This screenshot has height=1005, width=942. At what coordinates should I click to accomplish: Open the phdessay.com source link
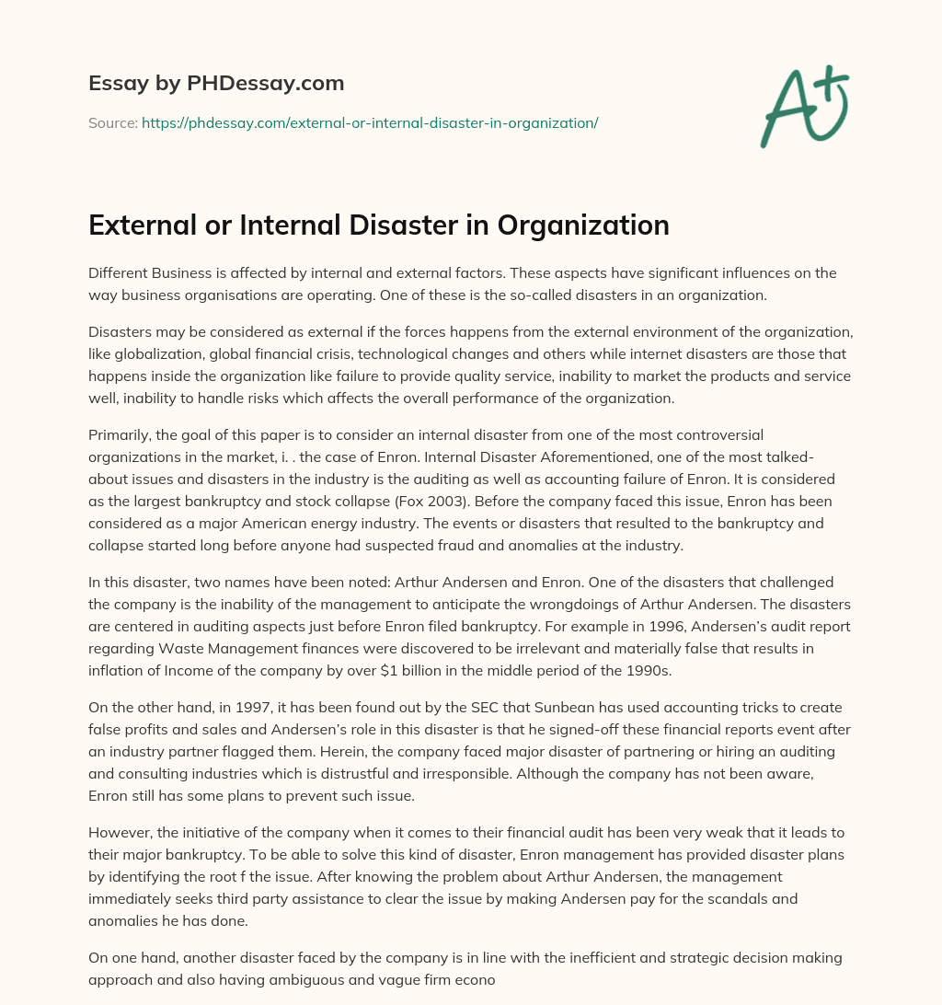point(370,122)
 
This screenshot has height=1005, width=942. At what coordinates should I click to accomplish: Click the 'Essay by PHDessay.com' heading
point(216,84)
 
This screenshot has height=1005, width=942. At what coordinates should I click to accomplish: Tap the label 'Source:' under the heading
point(112,122)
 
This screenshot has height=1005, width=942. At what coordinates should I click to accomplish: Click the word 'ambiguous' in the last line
point(241,980)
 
